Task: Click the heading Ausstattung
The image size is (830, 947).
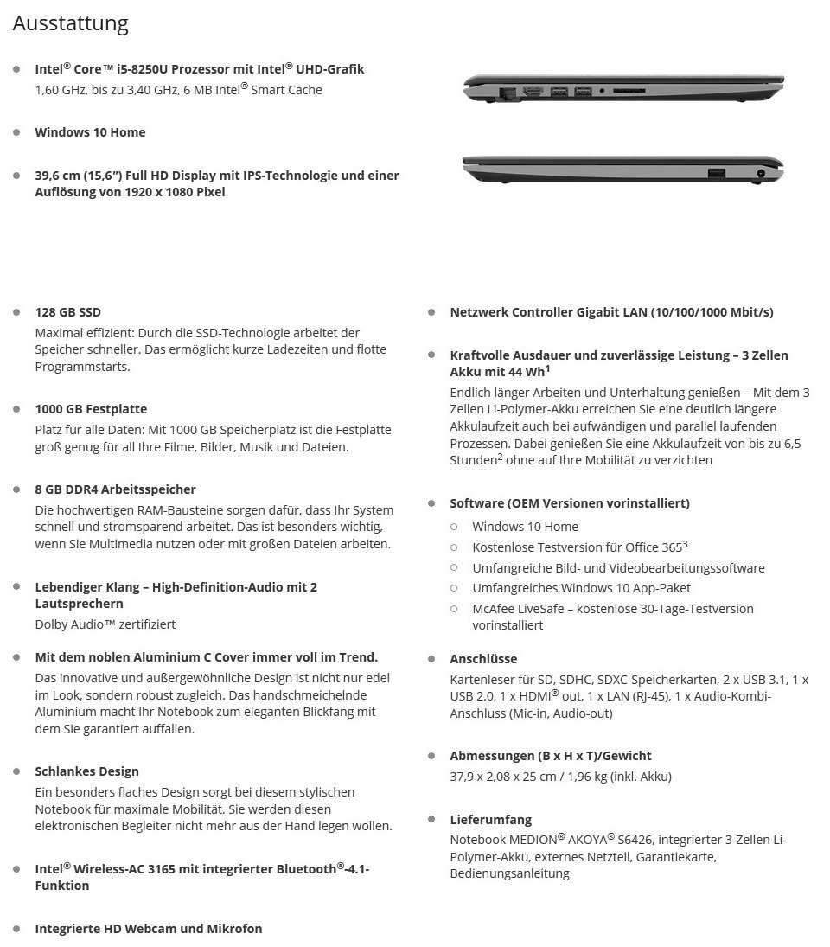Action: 70,23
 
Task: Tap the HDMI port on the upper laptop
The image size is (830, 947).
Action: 533,91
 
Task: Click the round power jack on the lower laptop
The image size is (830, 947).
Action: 761,174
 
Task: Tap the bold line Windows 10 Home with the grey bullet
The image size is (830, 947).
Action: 90,132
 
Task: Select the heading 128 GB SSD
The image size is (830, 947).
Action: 67,312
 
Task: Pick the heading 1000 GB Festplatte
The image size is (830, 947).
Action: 91,409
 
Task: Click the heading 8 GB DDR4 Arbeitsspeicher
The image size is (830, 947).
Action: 115,489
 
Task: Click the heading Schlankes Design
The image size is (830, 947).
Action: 86,771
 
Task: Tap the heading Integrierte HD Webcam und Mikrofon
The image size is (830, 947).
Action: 148,929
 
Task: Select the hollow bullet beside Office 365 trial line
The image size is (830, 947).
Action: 454,547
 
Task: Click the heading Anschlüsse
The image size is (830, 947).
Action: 483,659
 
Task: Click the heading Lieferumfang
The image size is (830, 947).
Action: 490,820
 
